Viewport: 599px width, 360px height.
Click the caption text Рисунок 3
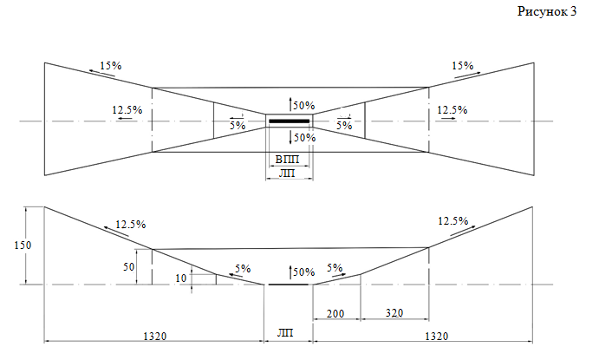547,12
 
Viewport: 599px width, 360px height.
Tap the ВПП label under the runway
287,159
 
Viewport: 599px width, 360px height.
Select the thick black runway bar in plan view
290,121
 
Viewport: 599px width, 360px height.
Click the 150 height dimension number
23,245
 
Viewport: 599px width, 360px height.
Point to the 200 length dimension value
335,314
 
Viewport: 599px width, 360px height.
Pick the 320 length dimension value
394,313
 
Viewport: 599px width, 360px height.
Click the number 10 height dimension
180,278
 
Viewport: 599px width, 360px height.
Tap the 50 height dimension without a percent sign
129,266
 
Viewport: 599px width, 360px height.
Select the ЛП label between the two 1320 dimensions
285,332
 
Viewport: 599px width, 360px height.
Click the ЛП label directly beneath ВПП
287,173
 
